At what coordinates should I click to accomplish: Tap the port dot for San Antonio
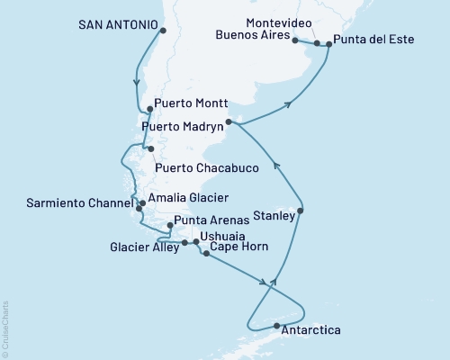163,31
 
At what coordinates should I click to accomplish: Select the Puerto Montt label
191,103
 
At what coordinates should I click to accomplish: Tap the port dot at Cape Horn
206,255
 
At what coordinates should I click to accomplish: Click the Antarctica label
311,331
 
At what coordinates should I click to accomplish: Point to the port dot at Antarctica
277,325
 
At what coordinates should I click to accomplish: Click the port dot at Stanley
301,211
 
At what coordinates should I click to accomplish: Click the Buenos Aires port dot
296,40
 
